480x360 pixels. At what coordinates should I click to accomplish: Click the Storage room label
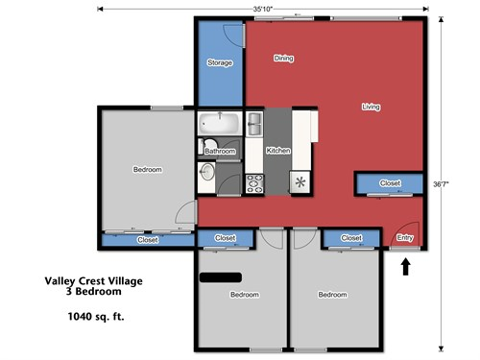[220, 62]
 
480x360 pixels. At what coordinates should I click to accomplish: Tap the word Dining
[282, 58]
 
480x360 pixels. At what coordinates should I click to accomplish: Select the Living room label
[371, 107]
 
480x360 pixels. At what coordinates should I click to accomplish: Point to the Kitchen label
[278, 151]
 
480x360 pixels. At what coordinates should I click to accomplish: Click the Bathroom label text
[220, 151]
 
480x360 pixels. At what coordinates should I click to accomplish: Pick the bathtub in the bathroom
[220, 124]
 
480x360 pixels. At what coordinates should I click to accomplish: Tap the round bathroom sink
[208, 172]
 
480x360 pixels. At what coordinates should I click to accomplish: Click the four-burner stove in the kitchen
[255, 183]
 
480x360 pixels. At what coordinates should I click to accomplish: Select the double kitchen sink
[255, 124]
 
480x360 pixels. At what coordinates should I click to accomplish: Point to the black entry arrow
[404, 265]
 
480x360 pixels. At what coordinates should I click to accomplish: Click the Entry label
[405, 237]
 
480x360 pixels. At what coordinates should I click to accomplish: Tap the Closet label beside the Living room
[390, 182]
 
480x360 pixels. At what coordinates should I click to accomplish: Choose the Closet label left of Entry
[351, 237]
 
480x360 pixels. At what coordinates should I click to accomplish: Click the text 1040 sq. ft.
[95, 315]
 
